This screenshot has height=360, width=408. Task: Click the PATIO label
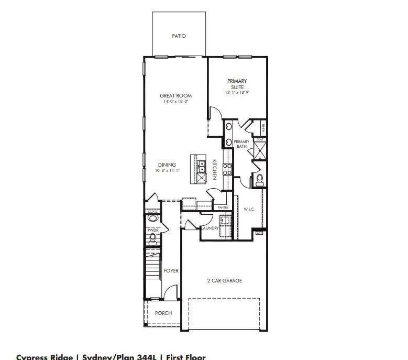(179, 36)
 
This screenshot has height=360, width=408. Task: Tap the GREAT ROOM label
(175, 96)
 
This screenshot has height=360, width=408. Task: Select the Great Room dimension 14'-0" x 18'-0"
(175, 102)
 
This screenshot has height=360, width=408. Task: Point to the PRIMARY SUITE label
(237, 84)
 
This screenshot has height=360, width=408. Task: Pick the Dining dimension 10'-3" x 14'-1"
(168, 171)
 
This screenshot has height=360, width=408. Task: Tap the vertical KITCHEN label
(215, 169)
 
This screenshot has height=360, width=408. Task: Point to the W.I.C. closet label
(249, 209)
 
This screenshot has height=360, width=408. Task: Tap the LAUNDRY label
(209, 228)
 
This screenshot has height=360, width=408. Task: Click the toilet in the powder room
(153, 239)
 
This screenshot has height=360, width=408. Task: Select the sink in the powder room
(153, 218)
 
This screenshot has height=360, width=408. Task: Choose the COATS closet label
(152, 211)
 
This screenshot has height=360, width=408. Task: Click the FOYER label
(171, 271)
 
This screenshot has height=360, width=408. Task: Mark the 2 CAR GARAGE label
(224, 281)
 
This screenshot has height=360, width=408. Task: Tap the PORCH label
(163, 313)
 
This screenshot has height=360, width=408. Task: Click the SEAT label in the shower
(259, 140)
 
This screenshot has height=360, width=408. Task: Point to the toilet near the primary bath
(259, 180)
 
